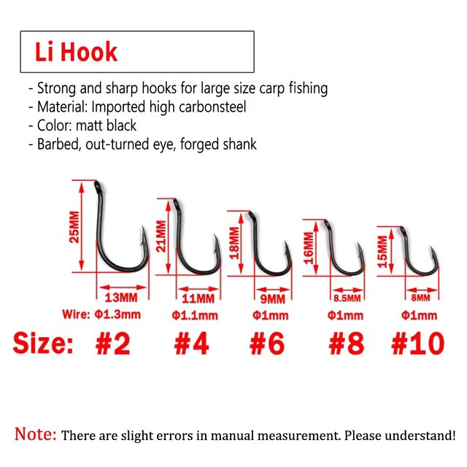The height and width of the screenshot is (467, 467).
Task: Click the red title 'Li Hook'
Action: (x=76, y=52)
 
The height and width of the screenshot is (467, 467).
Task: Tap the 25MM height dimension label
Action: (x=74, y=227)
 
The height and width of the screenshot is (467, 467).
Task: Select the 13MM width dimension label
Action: (x=121, y=298)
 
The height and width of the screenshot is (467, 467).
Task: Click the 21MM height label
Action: (x=161, y=236)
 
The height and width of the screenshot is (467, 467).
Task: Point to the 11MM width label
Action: (x=198, y=298)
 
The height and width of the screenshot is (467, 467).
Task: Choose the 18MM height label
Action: (x=235, y=243)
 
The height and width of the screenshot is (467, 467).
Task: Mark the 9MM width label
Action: (x=272, y=299)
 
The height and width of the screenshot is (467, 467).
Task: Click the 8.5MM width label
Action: (x=347, y=298)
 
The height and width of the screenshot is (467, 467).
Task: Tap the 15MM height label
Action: (x=382, y=252)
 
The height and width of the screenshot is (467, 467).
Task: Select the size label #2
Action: (x=113, y=344)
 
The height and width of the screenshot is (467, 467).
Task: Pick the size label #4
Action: (x=191, y=344)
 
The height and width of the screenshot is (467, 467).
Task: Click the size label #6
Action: (x=267, y=344)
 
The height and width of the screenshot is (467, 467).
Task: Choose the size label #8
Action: (x=347, y=344)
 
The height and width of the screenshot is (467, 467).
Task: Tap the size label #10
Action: (x=418, y=344)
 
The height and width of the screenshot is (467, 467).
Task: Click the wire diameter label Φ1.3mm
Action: (x=117, y=314)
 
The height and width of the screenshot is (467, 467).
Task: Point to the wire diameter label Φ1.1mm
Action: (x=195, y=315)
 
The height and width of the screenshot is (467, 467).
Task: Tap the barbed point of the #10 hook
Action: (x=431, y=250)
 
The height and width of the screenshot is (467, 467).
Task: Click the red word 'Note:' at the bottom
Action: (x=36, y=434)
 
